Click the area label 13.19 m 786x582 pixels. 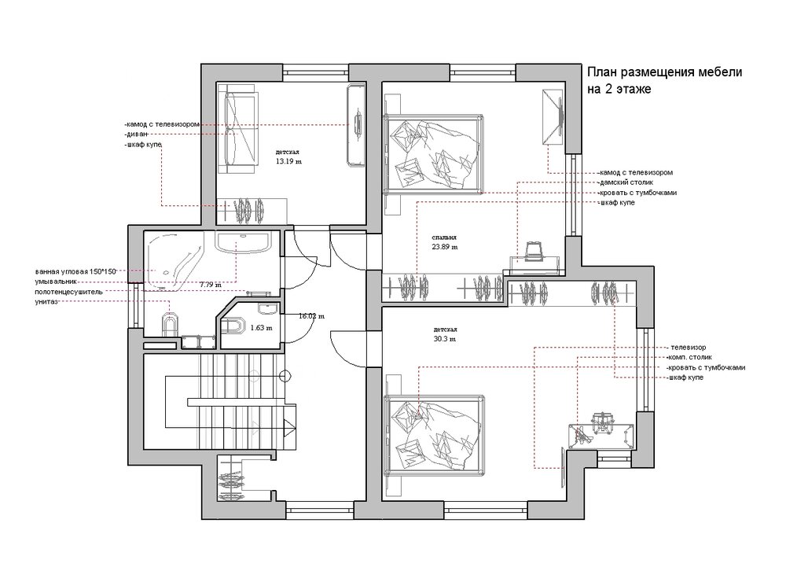288,161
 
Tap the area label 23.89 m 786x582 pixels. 445,247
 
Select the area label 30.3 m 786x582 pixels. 445,339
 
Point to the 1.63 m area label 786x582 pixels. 261,328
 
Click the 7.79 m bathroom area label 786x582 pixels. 210,285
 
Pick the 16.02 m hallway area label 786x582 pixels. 311,316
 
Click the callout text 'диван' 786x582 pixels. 136,134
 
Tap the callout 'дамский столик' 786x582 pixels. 626,182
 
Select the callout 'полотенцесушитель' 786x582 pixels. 68,292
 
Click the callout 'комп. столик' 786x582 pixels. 689,357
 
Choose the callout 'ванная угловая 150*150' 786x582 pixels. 75,271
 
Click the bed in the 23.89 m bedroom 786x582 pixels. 433,153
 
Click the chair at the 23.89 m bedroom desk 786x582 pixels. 534,252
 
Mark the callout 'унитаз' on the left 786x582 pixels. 46,301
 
